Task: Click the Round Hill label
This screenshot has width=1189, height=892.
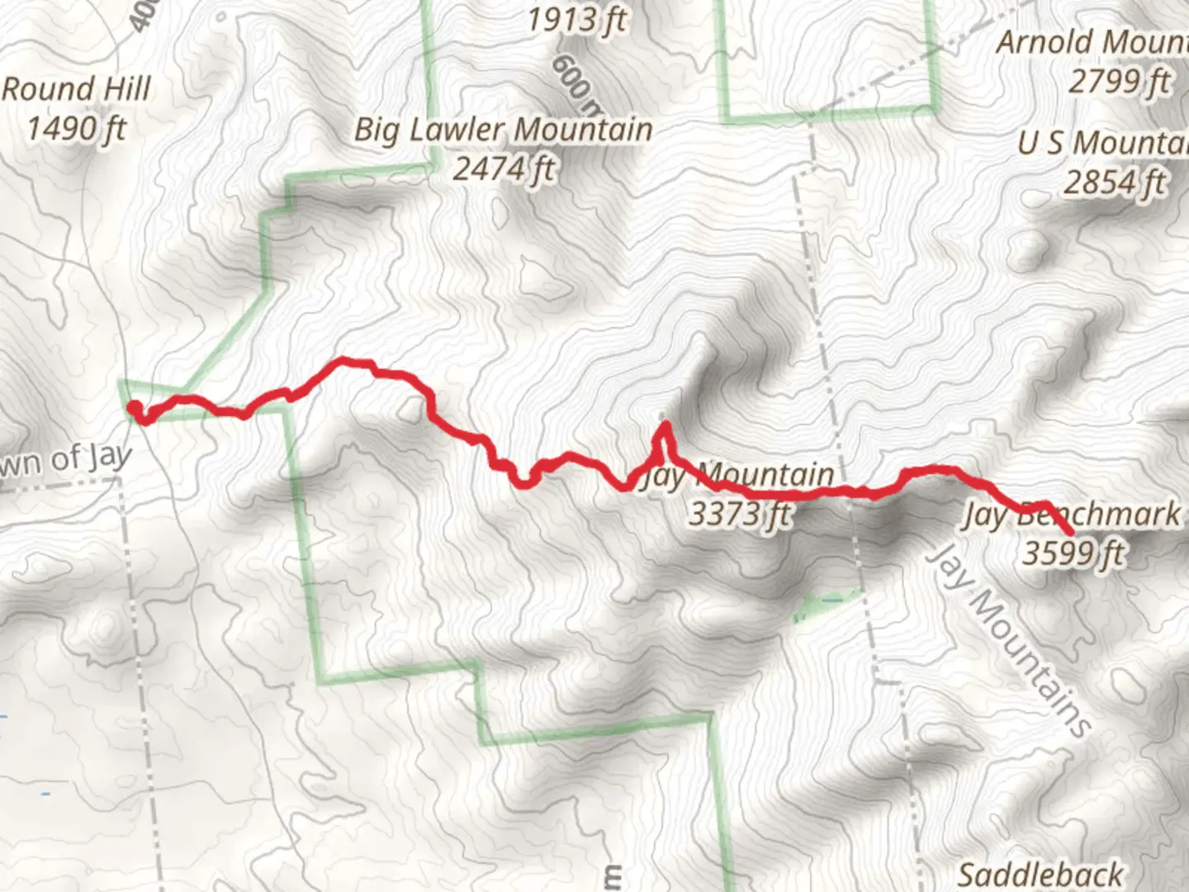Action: (x=76, y=89)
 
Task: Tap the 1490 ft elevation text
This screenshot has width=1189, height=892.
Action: (x=76, y=129)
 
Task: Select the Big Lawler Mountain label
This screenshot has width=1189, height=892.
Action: (x=504, y=130)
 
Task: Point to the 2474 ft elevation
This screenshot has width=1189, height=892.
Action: (x=504, y=170)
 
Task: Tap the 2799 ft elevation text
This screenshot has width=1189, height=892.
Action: (x=1120, y=83)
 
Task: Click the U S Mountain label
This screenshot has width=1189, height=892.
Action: (x=1103, y=144)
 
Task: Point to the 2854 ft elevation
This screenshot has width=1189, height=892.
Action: (x=1115, y=183)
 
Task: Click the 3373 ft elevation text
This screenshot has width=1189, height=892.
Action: (x=739, y=515)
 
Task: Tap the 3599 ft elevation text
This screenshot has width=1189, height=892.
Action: (x=1073, y=553)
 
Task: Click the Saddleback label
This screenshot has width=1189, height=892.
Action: (x=1040, y=874)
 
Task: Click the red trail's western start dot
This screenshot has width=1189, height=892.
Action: (x=134, y=406)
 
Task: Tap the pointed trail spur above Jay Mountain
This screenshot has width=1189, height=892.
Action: (x=663, y=427)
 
